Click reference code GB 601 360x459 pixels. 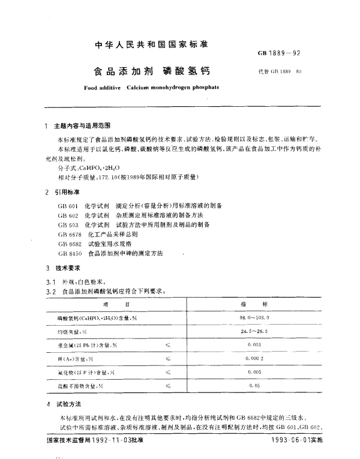67,206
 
